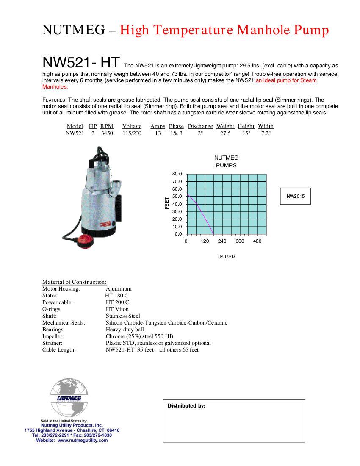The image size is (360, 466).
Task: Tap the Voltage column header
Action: point(132,126)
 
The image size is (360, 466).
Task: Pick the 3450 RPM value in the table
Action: point(107,133)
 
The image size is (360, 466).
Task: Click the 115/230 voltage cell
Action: point(132,133)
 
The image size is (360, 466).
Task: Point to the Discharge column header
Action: point(200,126)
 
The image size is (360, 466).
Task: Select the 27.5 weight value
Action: point(225,133)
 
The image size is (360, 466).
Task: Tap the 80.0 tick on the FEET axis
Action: point(177,174)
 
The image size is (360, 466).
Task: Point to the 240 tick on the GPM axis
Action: point(222,241)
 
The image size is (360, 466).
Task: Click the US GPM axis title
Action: point(226,257)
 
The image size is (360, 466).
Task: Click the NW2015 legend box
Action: point(295,196)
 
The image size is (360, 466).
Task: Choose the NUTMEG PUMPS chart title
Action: point(226,161)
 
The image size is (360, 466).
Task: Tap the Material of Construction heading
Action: point(75,282)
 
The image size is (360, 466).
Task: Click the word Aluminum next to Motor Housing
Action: point(119,289)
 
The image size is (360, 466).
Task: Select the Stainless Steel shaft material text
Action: point(123,316)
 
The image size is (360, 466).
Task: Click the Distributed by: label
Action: point(186,406)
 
